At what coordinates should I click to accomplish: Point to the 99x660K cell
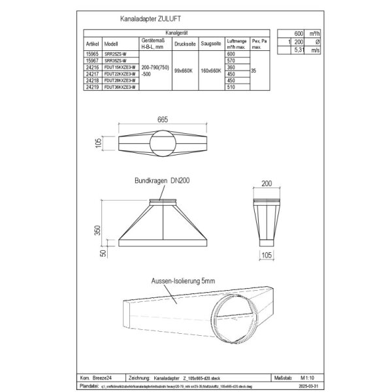pos(184,71)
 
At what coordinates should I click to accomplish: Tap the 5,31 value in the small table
pos(299,48)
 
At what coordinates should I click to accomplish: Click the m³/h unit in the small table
pos(314,33)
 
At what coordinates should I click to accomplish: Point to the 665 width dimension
pos(163,120)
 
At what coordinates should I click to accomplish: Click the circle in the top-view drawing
pos(163,143)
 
